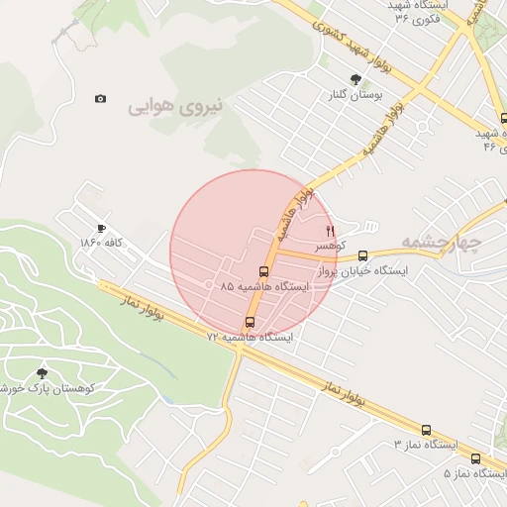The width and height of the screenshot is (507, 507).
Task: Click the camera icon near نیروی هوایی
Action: (100, 99)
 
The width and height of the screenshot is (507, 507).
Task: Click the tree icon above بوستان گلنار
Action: (355, 79)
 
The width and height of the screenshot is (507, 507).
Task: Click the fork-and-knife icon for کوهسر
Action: (331, 230)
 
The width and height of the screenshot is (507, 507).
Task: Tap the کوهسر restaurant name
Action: (329, 245)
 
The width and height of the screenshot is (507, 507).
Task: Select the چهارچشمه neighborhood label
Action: (444, 241)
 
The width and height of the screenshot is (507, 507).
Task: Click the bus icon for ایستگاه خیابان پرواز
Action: (362, 254)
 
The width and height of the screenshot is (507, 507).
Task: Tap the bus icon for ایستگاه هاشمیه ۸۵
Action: (263, 271)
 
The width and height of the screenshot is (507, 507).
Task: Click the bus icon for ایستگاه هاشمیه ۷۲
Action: (249, 322)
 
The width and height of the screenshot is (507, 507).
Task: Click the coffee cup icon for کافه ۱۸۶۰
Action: (102, 228)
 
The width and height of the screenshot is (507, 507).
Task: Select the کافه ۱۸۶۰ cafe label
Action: (107, 243)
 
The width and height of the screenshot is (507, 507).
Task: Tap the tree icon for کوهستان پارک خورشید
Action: (42, 373)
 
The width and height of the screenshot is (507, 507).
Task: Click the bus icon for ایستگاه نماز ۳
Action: (427, 431)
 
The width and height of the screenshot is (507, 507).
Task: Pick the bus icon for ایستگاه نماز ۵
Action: (476, 458)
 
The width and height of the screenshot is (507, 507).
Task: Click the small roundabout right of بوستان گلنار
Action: (423, 127)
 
